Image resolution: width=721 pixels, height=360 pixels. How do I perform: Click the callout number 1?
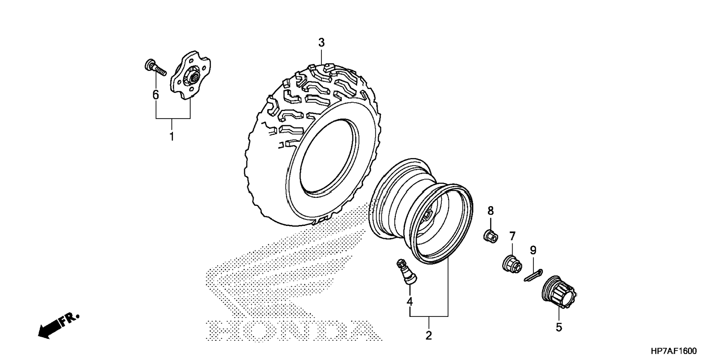[x=172, y=137]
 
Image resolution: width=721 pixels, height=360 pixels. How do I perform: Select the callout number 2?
[x=429, y=335]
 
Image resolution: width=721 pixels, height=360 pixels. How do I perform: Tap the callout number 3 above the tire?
[x=321, y=42]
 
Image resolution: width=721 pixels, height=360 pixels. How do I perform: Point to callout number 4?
[x=410, y=301]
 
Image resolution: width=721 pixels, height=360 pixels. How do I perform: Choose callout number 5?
[x=558, y=327]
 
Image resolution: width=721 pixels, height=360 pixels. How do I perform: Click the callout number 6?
[x=155, y=95]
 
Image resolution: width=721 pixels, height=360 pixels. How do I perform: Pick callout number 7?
[x=512, y=236]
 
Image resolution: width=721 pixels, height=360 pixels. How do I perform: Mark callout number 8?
[x=491, y=211]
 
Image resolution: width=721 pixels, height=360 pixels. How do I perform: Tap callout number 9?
[x=533, y=250]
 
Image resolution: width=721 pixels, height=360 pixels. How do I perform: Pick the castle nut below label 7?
[x=511, y=264]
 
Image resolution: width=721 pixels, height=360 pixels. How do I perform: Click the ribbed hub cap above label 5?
[x=558, y=293]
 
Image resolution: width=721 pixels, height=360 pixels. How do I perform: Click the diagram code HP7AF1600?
[x=673, y=351]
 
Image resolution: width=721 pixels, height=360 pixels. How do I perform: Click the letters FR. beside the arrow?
[x=70, y=319]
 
